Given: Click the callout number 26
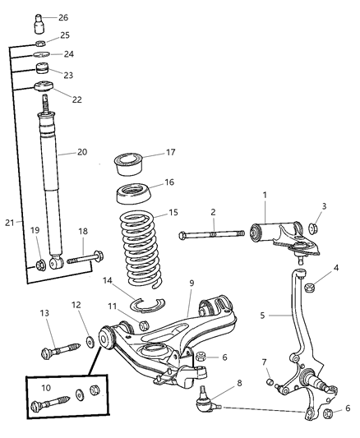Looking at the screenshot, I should coord(63,16).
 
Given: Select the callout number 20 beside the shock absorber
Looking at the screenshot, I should coord(81,150).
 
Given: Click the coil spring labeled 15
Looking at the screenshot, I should coord(145,247).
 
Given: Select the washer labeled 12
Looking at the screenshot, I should coord(87,341).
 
